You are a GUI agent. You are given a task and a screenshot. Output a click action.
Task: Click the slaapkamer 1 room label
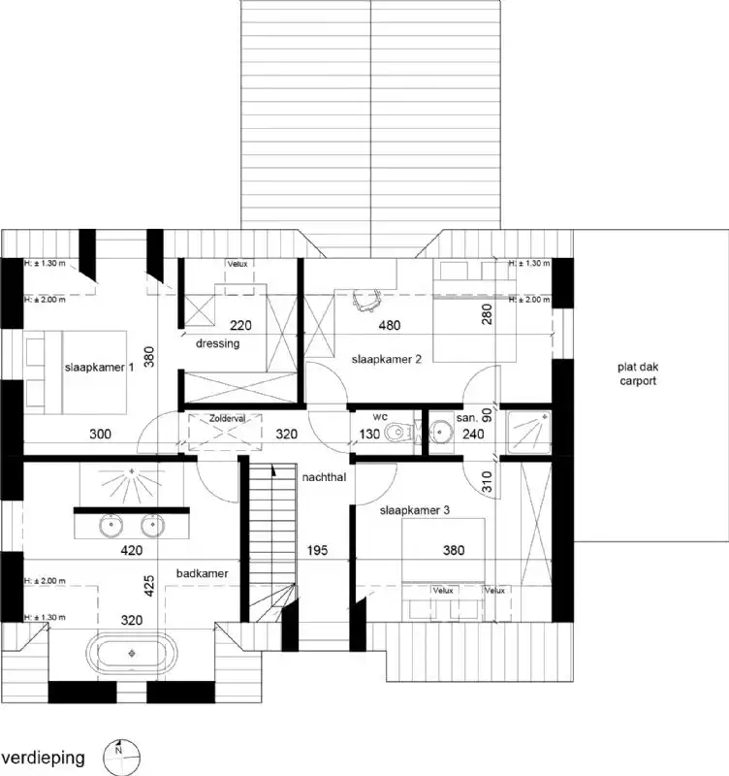click(x=99, y=368)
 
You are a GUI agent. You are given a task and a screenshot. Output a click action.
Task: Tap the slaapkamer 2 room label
click(x=387, y=359)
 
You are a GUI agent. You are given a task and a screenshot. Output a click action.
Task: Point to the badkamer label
click(x=202, y=574)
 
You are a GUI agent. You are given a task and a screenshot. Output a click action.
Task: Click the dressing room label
click(x=217, y=343)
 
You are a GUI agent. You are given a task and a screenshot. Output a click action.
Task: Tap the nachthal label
click(x=324, y=477)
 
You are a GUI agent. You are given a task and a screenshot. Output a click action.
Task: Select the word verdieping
click(x=43, y=756)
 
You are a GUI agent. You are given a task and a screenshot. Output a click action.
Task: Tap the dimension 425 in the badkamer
click(x=148, y=586)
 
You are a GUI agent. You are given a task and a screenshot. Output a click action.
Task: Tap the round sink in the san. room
click(x=445, y=433)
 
